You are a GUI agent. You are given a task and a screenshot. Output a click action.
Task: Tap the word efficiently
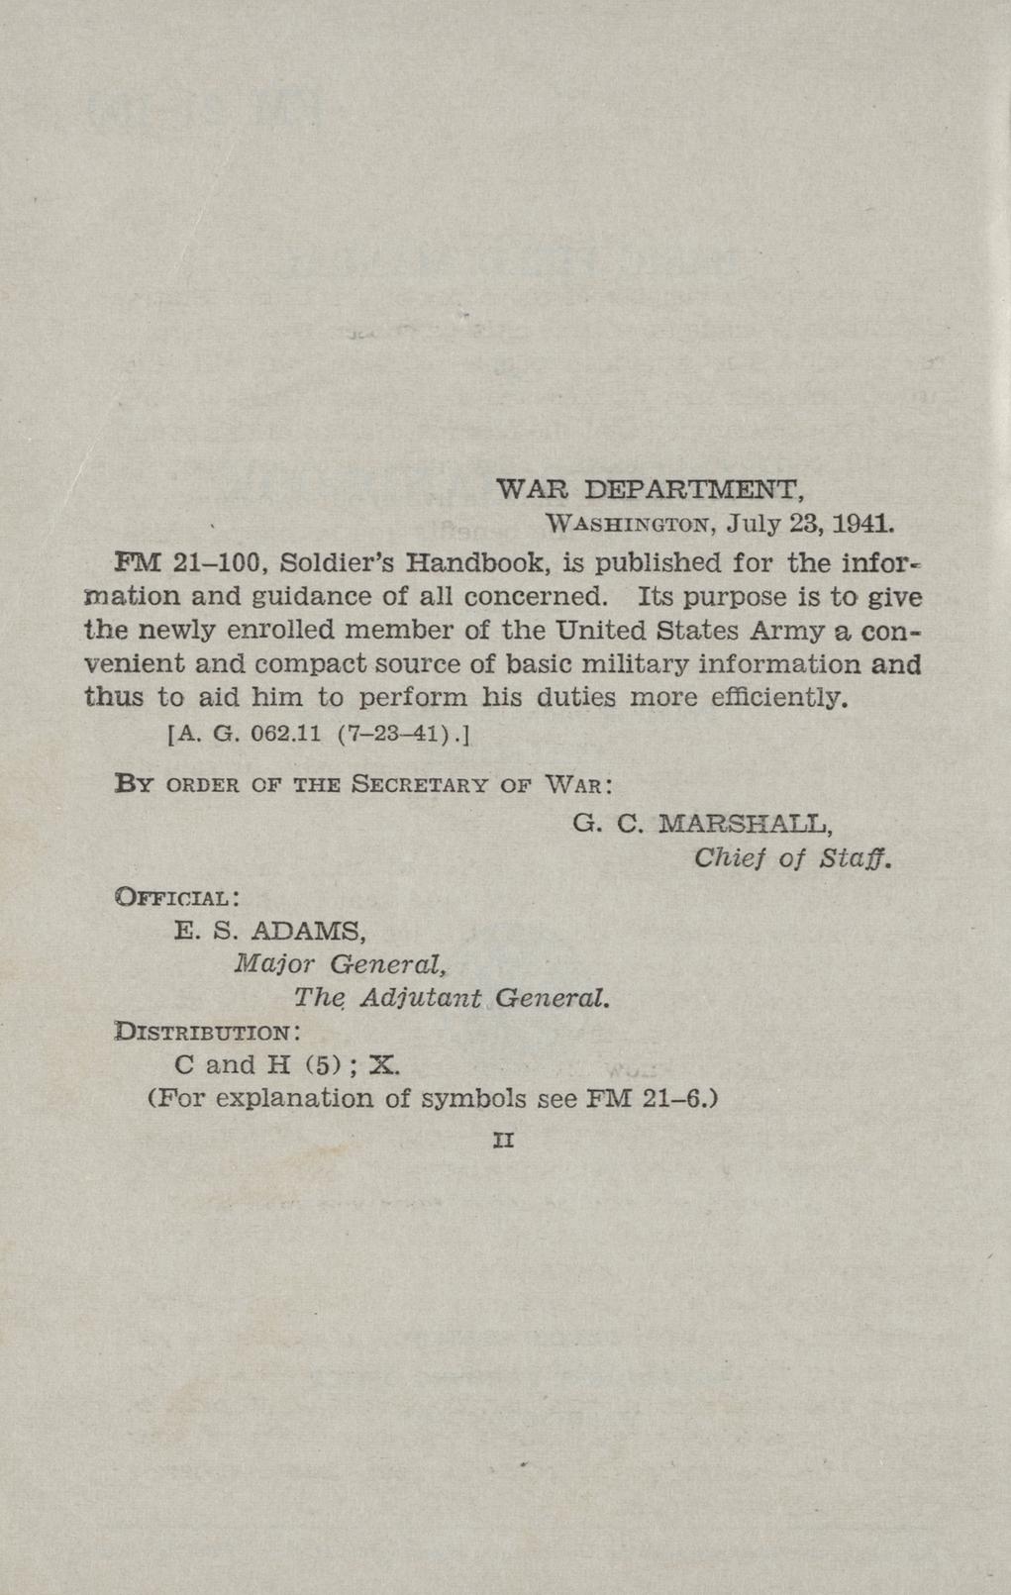780,697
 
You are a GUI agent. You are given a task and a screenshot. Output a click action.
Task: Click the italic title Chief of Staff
793,857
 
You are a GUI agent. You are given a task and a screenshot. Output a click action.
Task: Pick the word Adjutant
421,998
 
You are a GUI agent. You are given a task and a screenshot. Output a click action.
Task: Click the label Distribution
207,1031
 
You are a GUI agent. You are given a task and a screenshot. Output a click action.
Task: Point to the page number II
503,1141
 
